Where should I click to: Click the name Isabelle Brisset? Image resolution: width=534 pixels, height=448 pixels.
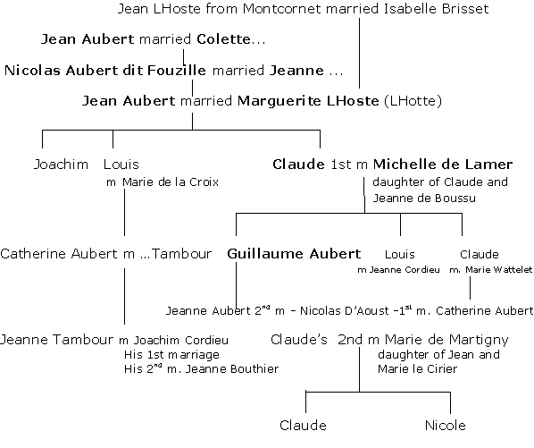(436, 9)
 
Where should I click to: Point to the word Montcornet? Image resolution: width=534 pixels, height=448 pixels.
(281, 9)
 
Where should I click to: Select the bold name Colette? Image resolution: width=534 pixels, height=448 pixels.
(224, 39)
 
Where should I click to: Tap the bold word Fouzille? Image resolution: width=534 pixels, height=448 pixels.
(177, 71)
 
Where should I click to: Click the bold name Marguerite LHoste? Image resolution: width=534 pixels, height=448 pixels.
(308, 101)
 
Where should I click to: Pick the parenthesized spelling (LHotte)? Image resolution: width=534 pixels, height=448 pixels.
(413, 101)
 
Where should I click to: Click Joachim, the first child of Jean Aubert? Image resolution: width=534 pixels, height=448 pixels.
(61, 165)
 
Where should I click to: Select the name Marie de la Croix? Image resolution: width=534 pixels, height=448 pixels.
(171, 182)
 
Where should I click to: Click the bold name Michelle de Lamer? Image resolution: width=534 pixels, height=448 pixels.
(443, 165)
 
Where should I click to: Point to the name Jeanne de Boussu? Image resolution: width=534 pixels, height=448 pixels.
(424, 199)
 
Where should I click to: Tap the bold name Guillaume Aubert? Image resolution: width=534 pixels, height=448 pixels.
(294, 254)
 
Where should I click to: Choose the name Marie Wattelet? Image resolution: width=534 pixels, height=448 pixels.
(498, 270)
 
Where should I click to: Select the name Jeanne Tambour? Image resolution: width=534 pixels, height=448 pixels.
(56, 340)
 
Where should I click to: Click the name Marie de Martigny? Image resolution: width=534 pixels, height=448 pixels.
(446, 340)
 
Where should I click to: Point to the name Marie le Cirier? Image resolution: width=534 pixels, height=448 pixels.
(417, 369)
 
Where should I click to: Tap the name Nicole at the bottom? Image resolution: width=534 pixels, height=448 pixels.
(445, 426)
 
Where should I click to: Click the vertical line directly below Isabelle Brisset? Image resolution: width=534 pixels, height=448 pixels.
(359, 53)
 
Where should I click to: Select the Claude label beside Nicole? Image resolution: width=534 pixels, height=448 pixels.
(303, 426)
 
